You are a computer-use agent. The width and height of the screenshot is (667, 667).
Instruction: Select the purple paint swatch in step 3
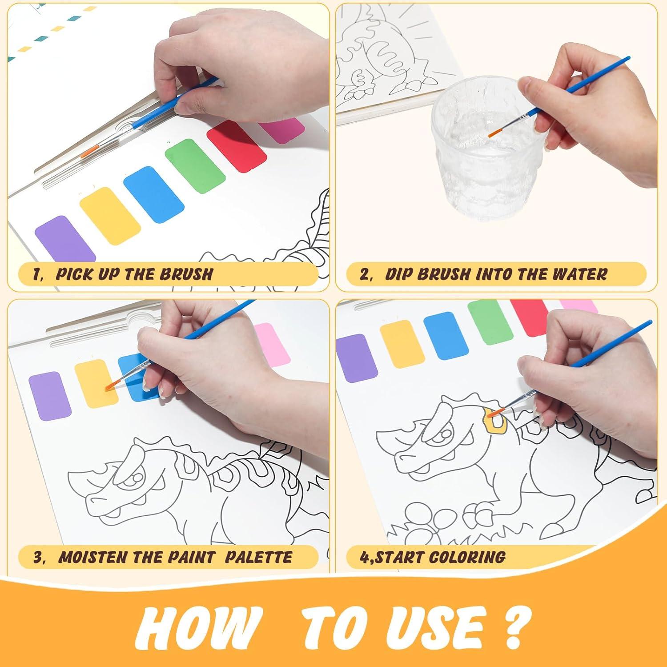point(50,396)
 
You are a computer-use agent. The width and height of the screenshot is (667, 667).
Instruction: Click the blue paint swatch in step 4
point(446,335)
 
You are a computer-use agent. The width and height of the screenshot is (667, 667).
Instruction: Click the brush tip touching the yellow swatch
point(109,387)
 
